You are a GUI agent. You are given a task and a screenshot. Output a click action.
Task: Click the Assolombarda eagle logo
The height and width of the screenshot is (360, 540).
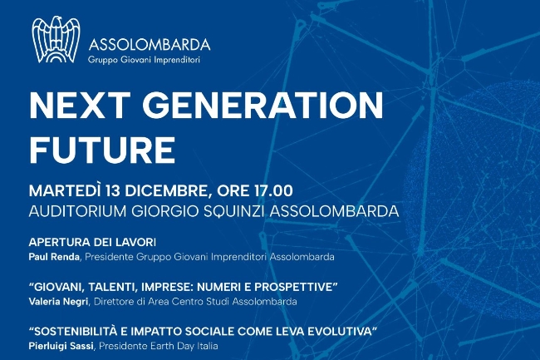[x=56, y=40]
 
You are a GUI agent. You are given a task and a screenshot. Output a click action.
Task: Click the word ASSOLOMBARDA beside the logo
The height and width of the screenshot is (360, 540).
[x=150, y=45]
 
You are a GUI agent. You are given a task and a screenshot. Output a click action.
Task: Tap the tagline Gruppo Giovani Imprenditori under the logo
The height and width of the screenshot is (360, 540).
[x=144, y=60]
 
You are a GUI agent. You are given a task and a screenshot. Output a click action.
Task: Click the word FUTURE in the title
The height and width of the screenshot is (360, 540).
[x=102, y=150]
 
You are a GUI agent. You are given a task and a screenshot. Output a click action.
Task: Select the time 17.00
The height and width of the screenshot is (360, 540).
[x=273, y=191]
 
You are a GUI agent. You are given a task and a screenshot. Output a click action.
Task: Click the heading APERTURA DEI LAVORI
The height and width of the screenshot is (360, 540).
[x=92, y=243]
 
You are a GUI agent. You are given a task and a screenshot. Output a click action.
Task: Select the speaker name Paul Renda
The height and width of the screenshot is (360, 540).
[x=54, y=257]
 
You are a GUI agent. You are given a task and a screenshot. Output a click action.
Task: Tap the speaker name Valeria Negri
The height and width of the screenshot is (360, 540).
[x=59, y=302]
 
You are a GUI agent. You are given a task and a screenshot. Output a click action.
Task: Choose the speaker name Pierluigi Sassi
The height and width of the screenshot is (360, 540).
[x=61, y=346]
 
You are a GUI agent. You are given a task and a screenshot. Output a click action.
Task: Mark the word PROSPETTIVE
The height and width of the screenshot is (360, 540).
[x=294, y=287]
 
